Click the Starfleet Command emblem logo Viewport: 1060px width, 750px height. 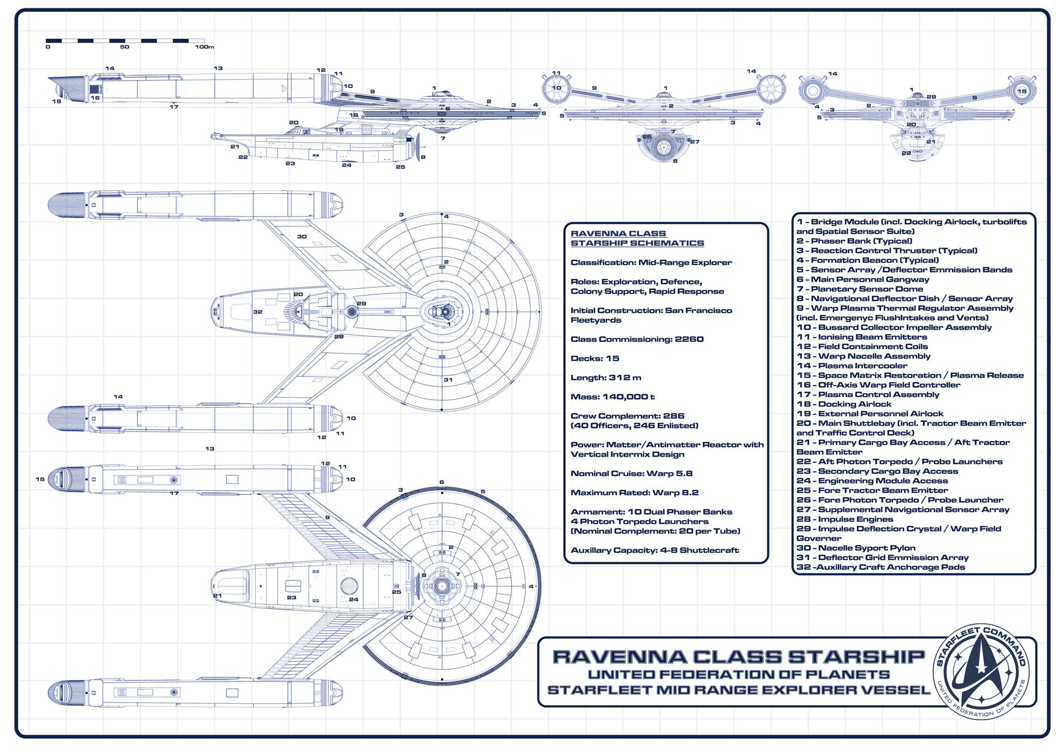pyautogui.click(x=981, y=671)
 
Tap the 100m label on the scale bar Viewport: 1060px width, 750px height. pyautogui.click(x=204, y=47)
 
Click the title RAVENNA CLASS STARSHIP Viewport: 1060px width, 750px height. pyautogui.click(x=739, y=657)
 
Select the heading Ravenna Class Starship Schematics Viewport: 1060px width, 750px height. pyautogui.click(x=637, y=238)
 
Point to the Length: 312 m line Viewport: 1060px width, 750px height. pyautogui.click(x=606, y=378)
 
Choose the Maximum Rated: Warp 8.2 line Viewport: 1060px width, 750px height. pyautogui.click(x=634, y=493)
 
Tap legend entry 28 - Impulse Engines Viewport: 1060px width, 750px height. pyautogui.click(x=844, y=519)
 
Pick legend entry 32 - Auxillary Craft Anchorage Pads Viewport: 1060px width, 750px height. pyautogui.click(x=881, y=567)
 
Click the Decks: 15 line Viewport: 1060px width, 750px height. pyautogui.click(x=595, y=358)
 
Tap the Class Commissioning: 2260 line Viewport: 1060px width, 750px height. pyautogui.click(x=637, y=339)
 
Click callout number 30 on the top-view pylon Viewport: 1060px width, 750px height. pyautogui.click(x=302, y=236)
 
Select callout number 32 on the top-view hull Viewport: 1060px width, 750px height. pyautogui.click(x=258, y=311)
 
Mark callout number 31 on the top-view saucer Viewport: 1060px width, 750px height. pyautogui.click(x=448, y=379)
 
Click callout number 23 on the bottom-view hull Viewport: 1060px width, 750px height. pyautogui.click(x=291, y=598)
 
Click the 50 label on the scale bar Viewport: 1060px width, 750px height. pyautogui.click(x=125, y=47)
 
